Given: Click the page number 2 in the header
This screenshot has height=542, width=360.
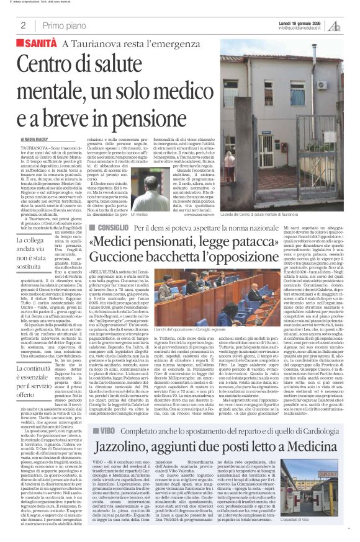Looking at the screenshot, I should coord(22,25).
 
